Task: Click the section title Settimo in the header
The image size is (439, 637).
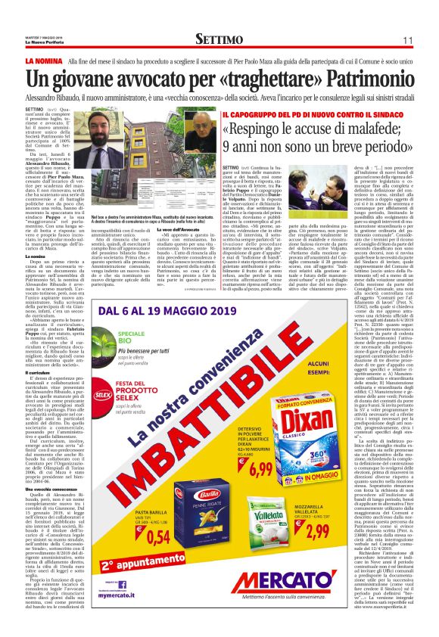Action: [219, 39]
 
